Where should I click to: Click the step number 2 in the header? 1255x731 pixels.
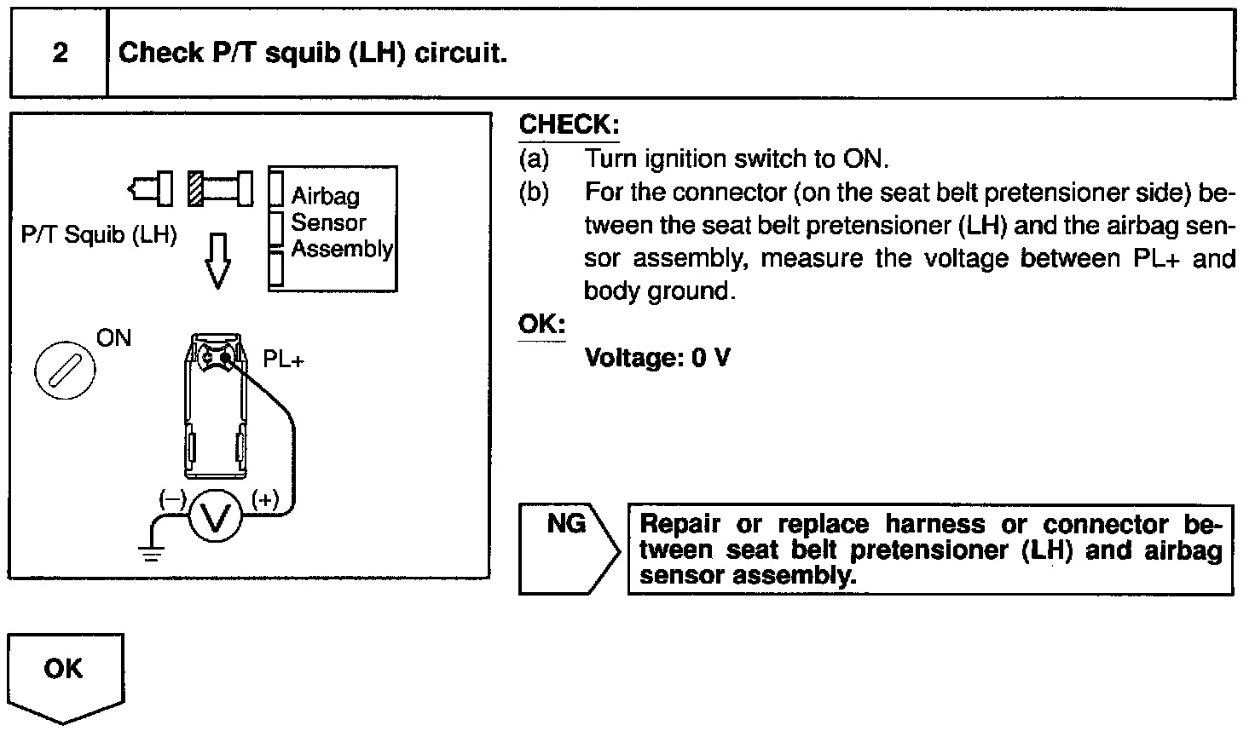tap(60, 53)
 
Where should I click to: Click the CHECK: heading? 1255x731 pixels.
tap(569, 124)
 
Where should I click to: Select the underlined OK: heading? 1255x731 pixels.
tap(541, 325)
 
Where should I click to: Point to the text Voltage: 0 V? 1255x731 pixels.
tap(657, 358)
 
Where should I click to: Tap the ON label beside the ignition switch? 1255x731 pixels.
tap(113, 338)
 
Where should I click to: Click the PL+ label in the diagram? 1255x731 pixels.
tap(283, 360)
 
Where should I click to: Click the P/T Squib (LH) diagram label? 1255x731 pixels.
tap(99, 235)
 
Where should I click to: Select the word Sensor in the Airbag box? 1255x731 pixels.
tap(328, 223)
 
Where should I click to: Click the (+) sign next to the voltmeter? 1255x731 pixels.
tap(265, 500)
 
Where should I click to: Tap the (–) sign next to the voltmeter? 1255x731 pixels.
tap(171, 500)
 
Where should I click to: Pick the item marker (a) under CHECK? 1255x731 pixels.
tap(535, 159)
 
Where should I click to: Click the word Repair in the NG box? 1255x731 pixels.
tap(680, 524)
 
